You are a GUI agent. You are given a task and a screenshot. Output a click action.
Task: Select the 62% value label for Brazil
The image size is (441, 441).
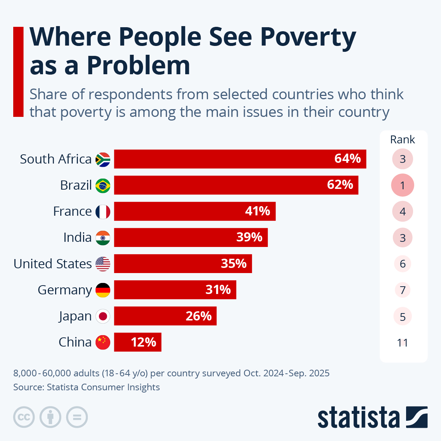pyautogui.click(x=340, y=184)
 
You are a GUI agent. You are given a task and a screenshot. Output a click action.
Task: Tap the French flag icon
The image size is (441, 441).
pyautogui.click(x=103, y=212)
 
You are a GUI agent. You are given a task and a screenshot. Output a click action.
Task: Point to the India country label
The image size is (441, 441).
pyautogui.click(x=77, y=237)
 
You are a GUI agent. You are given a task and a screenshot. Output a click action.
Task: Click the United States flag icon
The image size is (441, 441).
pyautogui.click(x=103, y=264)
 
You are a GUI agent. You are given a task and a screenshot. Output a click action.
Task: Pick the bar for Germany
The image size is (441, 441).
pyautogui.click(x=175, y=290)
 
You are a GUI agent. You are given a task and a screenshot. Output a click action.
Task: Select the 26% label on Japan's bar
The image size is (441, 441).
pyautogui.click(x=198, y=316)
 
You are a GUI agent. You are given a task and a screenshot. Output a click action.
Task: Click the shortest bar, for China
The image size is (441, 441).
pyautogui.click(x=137, y=342)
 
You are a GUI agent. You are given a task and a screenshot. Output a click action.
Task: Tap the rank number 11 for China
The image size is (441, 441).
pyautogui.click(x=402, y=343)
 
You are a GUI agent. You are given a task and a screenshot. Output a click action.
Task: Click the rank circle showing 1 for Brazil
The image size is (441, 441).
pyautogui.click(x=402, y=185)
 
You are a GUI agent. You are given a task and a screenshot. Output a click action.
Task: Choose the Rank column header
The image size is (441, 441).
pyautogui.click(x=402, y=140)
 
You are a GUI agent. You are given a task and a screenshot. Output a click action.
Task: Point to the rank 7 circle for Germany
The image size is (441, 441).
pyautogui.click(x=402, y=290)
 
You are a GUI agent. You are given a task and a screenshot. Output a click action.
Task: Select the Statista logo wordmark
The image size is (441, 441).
pyautogui.click(x=358, y=417)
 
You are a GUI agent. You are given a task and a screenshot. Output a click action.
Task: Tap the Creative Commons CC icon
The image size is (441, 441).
pyautogui.click(x=24, y=417)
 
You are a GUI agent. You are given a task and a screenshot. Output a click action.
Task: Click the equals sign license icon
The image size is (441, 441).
pyautogui.click(x=77, y=417)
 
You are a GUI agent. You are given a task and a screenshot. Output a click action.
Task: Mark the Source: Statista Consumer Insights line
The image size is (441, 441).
pyautogui.click(x=86, y=387)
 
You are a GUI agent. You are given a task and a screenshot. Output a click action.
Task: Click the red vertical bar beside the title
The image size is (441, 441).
pyautogui.click(x=18, y=72)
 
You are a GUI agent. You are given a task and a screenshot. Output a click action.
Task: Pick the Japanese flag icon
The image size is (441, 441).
pyautogui.click(x=103, y=316)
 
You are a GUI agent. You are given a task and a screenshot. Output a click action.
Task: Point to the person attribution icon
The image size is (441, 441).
pyautogui.click(x=50, y=417)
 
